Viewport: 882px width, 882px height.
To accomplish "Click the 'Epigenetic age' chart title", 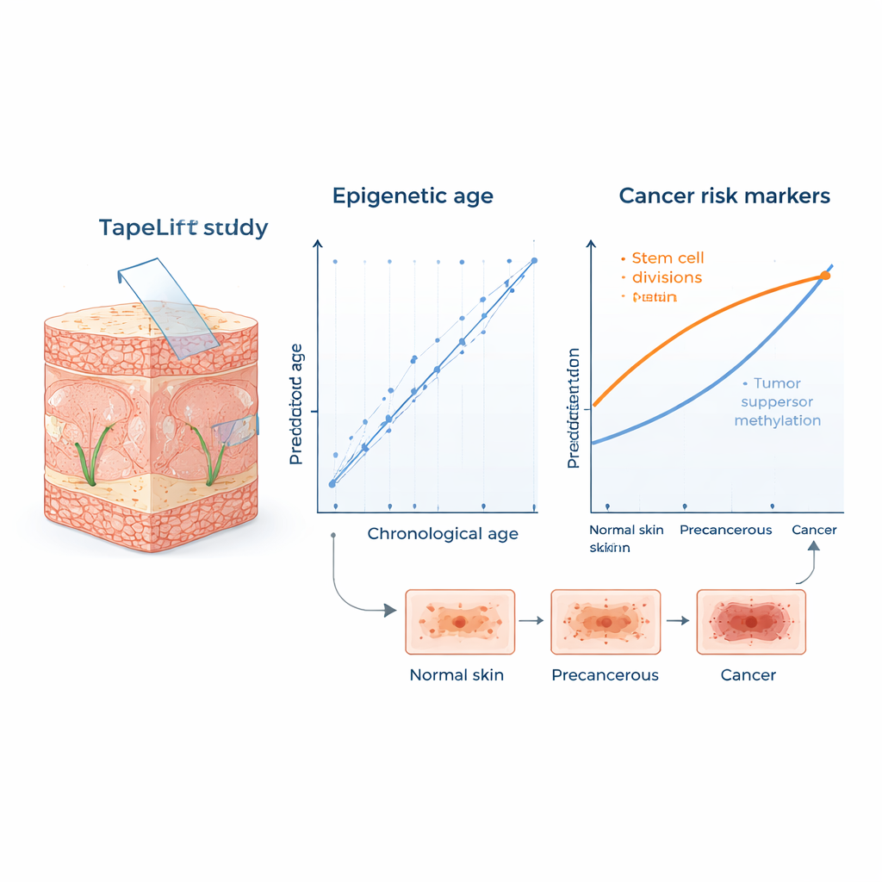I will pyautogui.click(x=413, y=196).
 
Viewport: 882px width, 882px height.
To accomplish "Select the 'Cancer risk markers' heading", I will pyautogui.click(x=724, y=196).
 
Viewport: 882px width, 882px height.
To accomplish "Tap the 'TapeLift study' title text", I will pyautogui.click(x=183, y=228).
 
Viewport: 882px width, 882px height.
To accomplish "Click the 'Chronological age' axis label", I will pyautogui.click(x=443, y=534).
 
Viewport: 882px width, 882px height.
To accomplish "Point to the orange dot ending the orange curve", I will pyautogui.click(x=824, y=276).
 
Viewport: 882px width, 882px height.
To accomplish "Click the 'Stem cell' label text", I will pyautogui.click(x=668, y=258).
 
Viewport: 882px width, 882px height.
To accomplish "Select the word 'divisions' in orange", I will pyautogui.click(x=667, y=277).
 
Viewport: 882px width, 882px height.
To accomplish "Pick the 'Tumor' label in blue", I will pyautogui.click(x=777, y=383).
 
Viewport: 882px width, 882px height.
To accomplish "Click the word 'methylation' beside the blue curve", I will pyautogui.click(x=777, y=421).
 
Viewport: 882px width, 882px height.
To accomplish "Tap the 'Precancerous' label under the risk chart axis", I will pyautogui.click(x=725, y=530).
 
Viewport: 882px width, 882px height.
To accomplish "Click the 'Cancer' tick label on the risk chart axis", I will pyautogui.click(x=814, y=530).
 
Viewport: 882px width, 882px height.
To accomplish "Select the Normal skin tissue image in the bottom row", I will pyautogui.click(x=459, y=621).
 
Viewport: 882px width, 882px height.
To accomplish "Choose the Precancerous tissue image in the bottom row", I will pyautogui.click(x=605, y=621).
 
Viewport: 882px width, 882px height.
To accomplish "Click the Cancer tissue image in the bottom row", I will pyautogui.click(x=750, y=621).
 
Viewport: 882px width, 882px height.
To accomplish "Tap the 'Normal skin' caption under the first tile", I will pyautogui.click(x=457, y=675).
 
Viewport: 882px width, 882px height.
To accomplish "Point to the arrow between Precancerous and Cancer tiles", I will pyautogui.click(x=680, y=620).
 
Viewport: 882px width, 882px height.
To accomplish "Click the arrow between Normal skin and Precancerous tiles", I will pyautogui.click(x=533, y=620).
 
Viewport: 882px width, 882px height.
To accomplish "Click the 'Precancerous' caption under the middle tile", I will pyautogui.click(x=605, y=675).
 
